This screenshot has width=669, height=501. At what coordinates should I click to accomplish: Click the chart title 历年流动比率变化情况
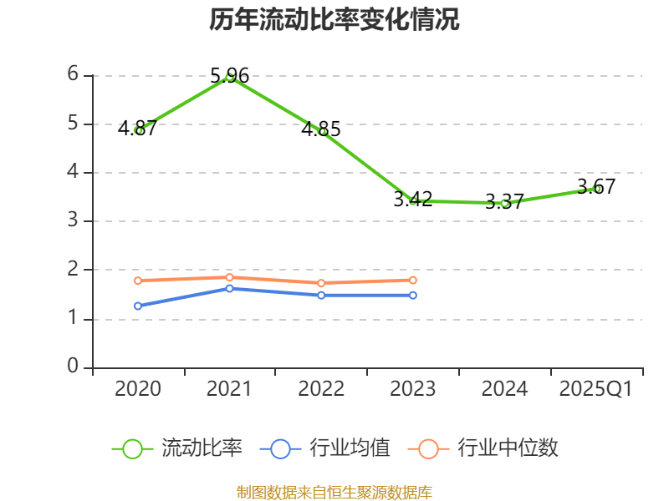point(334,19)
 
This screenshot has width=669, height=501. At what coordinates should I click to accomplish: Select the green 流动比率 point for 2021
point(229,77)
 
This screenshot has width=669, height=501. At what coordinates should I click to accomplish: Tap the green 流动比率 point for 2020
point(138,130)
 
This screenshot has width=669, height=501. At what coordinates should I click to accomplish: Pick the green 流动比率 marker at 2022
point(322,131)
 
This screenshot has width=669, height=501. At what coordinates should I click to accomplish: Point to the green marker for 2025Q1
point(596,189)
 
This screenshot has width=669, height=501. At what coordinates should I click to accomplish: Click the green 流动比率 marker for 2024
point(504,203)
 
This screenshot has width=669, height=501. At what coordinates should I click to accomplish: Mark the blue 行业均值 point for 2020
point(138,306)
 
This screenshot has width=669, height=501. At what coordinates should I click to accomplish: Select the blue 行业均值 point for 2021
point(229,288)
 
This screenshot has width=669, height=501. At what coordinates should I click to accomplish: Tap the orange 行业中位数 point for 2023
point(413,280)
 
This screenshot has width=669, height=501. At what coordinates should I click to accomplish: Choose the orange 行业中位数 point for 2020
point(138,281)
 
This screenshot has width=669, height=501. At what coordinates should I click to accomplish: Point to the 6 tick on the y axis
point(74,75)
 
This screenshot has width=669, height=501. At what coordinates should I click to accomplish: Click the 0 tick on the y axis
point(74,367)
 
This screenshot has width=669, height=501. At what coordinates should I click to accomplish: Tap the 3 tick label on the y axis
point(74,220)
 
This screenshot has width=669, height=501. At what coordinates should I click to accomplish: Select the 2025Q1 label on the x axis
point(596,389)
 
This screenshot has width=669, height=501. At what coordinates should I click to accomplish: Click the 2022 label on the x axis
point(321,389)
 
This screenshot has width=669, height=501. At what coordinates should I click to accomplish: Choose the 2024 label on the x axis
point(505,389)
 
